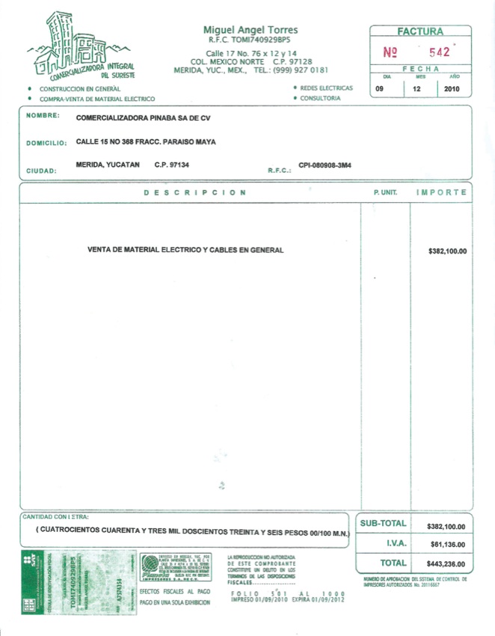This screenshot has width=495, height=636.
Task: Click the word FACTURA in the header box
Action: [x=420, y=31]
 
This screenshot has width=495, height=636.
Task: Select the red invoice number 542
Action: [x=439, y=53]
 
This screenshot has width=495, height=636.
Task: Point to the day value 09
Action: [x=387, y=89]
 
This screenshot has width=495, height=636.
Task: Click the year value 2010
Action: [x=452, y=89]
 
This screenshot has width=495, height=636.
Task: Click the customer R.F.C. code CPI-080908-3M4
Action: [x=325, y=165]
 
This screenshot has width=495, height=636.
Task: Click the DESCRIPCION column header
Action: [x=195, y=192]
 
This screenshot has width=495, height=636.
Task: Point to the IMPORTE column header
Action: [x=442, y=192]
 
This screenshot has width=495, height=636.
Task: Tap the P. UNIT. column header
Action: [x=384, y=192]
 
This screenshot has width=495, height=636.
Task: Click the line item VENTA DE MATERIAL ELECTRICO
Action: [x=185, y=250]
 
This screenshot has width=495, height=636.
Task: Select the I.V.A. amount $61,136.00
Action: [x=448, y=545]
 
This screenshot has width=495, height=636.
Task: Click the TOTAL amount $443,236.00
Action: [x=446, y=564]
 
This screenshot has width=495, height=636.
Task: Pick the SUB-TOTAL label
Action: [x=383, y=525]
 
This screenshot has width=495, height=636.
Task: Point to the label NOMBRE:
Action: [x=43, y=115]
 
